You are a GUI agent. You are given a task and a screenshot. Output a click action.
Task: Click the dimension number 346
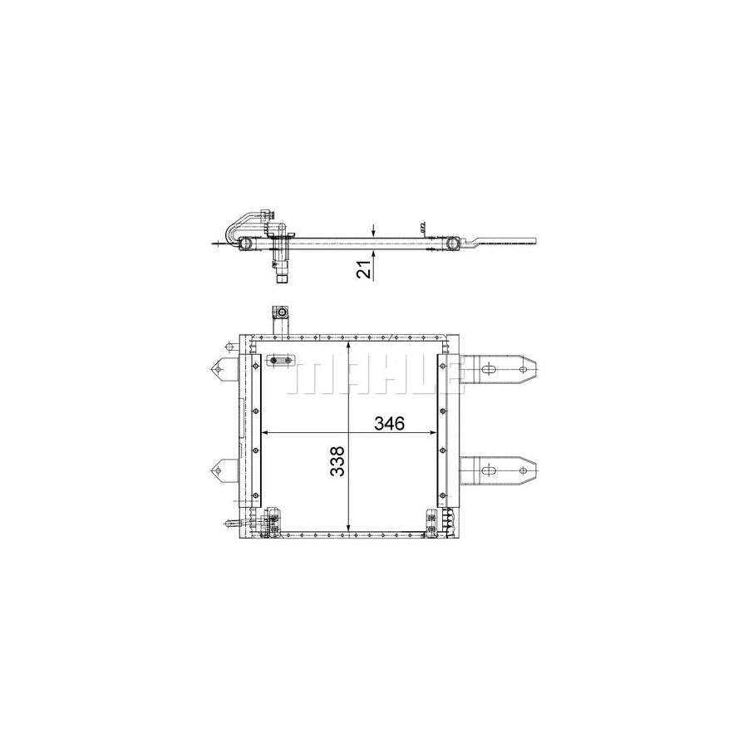[389, 423]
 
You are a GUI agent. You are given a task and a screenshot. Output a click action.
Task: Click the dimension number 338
[337, 460]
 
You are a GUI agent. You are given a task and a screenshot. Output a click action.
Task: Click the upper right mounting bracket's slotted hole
[488, 369]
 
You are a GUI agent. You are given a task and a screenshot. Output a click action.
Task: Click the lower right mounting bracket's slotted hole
[488, 470]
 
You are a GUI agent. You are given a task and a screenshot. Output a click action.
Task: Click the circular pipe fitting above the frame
[282, 313]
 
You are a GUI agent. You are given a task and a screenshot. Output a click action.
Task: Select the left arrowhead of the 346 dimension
[267, 433]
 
